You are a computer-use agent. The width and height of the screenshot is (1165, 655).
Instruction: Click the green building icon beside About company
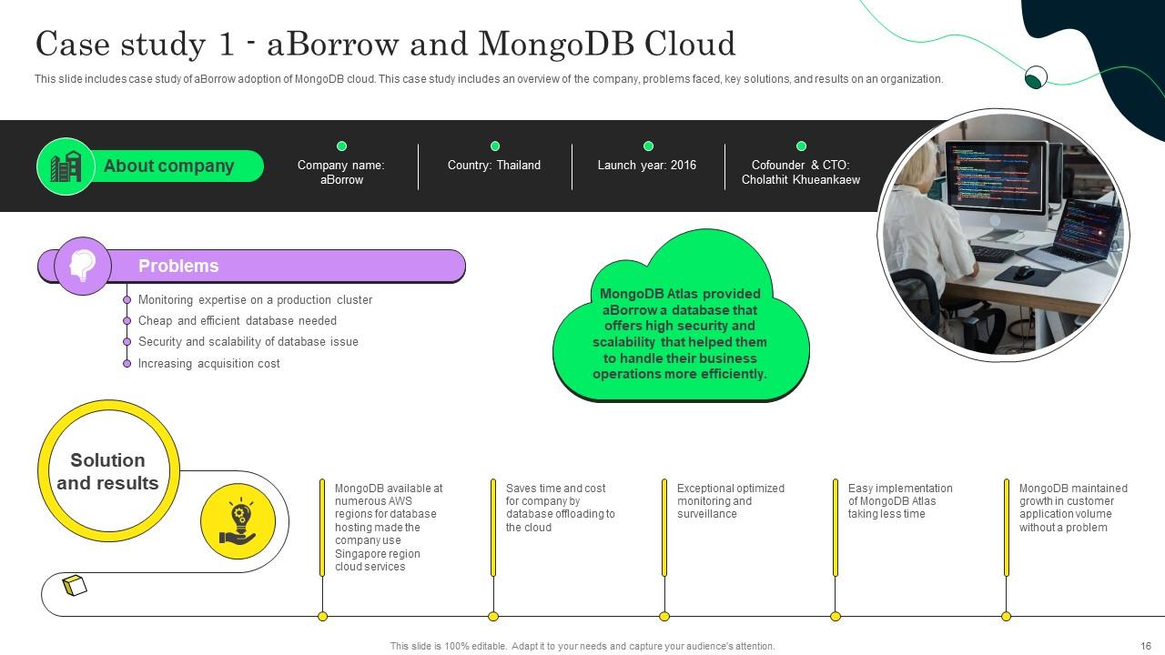[66, 166]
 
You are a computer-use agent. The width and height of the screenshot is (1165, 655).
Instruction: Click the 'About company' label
[168, 166]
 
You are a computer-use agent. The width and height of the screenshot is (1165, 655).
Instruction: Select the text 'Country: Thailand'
[494, 166]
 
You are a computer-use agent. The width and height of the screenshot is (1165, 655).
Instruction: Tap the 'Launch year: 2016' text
[647, 166]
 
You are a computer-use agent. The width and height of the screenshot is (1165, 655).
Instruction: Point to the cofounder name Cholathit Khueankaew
[801, 180]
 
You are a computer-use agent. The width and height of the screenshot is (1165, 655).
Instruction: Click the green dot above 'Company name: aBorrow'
[342, 146]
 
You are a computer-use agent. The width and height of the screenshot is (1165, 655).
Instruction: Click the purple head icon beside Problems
[82, 266]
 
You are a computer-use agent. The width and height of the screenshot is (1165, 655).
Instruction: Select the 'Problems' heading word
[178, 267]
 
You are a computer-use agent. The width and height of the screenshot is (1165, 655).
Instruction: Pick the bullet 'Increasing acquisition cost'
[208, 364]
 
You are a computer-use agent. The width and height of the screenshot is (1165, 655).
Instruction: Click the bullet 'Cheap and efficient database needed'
[237, 321]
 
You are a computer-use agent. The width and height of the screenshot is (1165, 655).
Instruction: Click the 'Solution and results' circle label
[107, 472]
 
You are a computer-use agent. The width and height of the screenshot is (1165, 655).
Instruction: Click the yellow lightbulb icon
[238, 520]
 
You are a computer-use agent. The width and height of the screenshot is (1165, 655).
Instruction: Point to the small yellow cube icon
[75, 585]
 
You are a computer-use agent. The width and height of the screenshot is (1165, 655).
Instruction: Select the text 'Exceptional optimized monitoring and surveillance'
[730, 501]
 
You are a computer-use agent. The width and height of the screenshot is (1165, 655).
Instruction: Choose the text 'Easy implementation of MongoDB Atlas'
[900, 501]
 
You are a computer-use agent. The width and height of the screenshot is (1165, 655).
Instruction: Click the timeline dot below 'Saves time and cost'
[493, 617]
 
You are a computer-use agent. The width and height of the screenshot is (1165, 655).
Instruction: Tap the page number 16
[1146, 646]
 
